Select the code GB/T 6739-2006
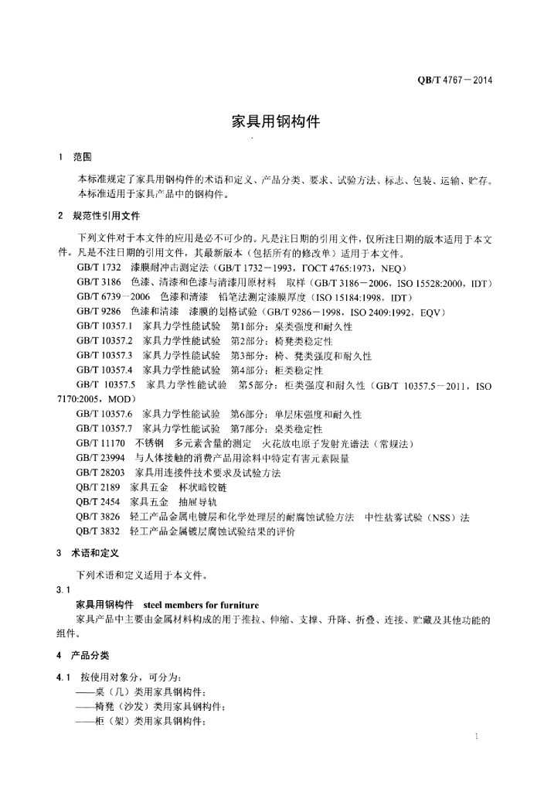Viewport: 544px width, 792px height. point(113,297)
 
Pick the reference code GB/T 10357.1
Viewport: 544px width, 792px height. point(104,326)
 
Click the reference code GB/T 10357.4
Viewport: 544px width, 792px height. point(104,370)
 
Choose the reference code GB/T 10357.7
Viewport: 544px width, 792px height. point(104,428)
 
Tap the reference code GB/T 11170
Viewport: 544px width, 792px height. point(100,443)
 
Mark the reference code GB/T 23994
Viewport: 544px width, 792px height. point(100,458)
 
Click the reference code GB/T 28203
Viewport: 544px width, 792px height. point(100,473)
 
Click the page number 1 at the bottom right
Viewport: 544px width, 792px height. point(478,737)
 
